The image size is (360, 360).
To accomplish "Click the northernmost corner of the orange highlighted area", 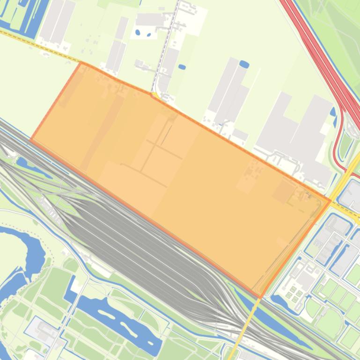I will pyautogui.click(x=81, y=63).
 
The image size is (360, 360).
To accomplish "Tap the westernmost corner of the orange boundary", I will pyautogui.click(x=31, y=139).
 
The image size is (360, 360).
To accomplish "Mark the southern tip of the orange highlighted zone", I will pyautogui.click(x=260, y=297).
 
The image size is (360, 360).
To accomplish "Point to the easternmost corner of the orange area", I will pyautogui.click(x=331, y=201).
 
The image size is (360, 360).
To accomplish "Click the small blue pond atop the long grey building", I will pyautogui.click(x=244, y=64).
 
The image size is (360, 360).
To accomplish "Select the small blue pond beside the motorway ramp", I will pyautogui.click(x=333, y=112).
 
